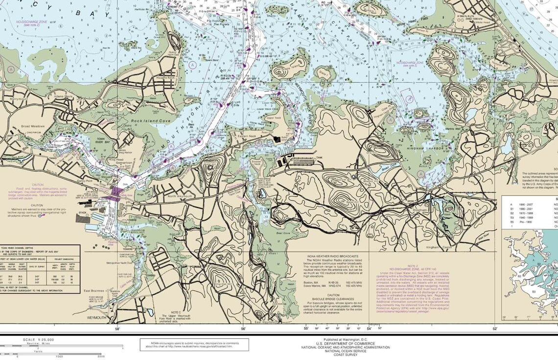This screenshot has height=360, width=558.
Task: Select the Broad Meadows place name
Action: (x=33, y=126)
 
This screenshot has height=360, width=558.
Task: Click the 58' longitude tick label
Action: (x=117, y=329)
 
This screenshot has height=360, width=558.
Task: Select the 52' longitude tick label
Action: (x=495, y=329)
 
